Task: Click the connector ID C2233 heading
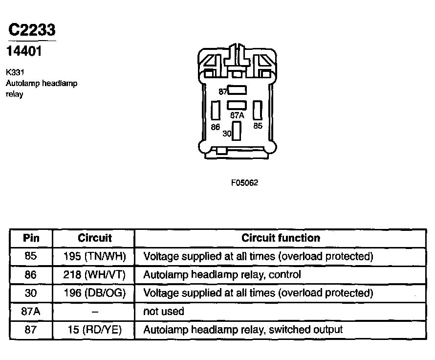pyautogui.click(x=32, y=30)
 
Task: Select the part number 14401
pyautogui.click(x=24, y=51)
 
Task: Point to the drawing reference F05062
pyautogui.click(x=244, y=183)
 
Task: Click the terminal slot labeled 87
pyautogui.click(x=237, y=90)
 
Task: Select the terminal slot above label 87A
pyautogui.click(x=237, y=105)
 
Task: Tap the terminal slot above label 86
pyautogui.click(x=216, y=111)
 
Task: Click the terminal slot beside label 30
pyautogui.click(x=237, y=131)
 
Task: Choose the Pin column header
pyautogui.click(x=31, y=238)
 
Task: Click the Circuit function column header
pyautogui.click(x=281, y=238)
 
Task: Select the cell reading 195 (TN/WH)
pyautogui.click(x=94, y=256)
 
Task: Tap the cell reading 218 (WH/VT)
pyautogui.click(x=94, y=275)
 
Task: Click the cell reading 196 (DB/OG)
pyautogui.click(x=94, y=293)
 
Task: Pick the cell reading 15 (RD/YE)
pyautogui.click(x=94, y=330)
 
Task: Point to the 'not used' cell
pyautogui.click(x=163, y=312)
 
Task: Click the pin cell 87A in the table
pyautogui.click(x=31, y=312)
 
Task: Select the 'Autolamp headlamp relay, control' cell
pyautogui.click(x=222, y=275)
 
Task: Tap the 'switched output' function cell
pyautogui.click(x=243, y=330)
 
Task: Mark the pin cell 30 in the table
pyautogui.click(x=31, y=293)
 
